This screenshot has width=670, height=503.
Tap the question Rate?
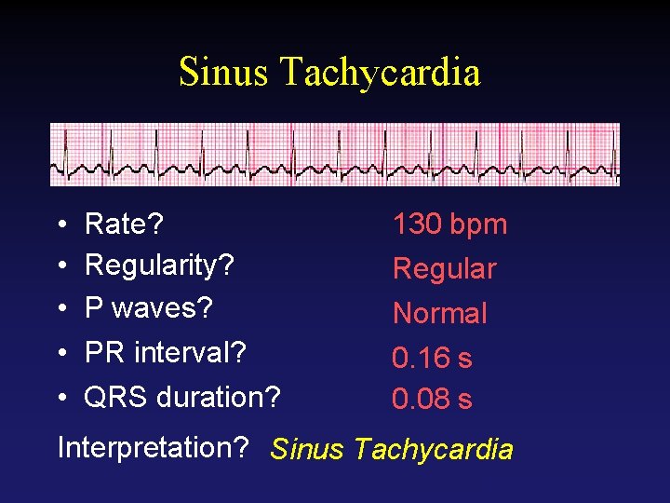click(x=124, y=224)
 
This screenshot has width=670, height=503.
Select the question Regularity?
click(x=159, y=265)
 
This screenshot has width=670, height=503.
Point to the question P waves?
click(x=149, y=308)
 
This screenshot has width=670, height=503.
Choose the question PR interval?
click(x=166, y=353)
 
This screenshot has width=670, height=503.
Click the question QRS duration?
click(x=182, y=398)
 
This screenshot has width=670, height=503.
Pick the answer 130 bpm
click(x=449, y=224)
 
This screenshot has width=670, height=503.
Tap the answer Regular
click(x=444, y=269)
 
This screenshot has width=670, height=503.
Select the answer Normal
click(x=439, y=313)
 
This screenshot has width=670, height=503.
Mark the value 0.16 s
click(x=432, y=357)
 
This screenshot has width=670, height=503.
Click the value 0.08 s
click(x=432, y=400)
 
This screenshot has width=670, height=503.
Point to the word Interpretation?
click(x=153, y=448)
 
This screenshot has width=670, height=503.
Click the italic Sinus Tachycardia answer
click(x=391, y=450)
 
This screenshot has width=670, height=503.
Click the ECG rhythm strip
click(x=334, y=155)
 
